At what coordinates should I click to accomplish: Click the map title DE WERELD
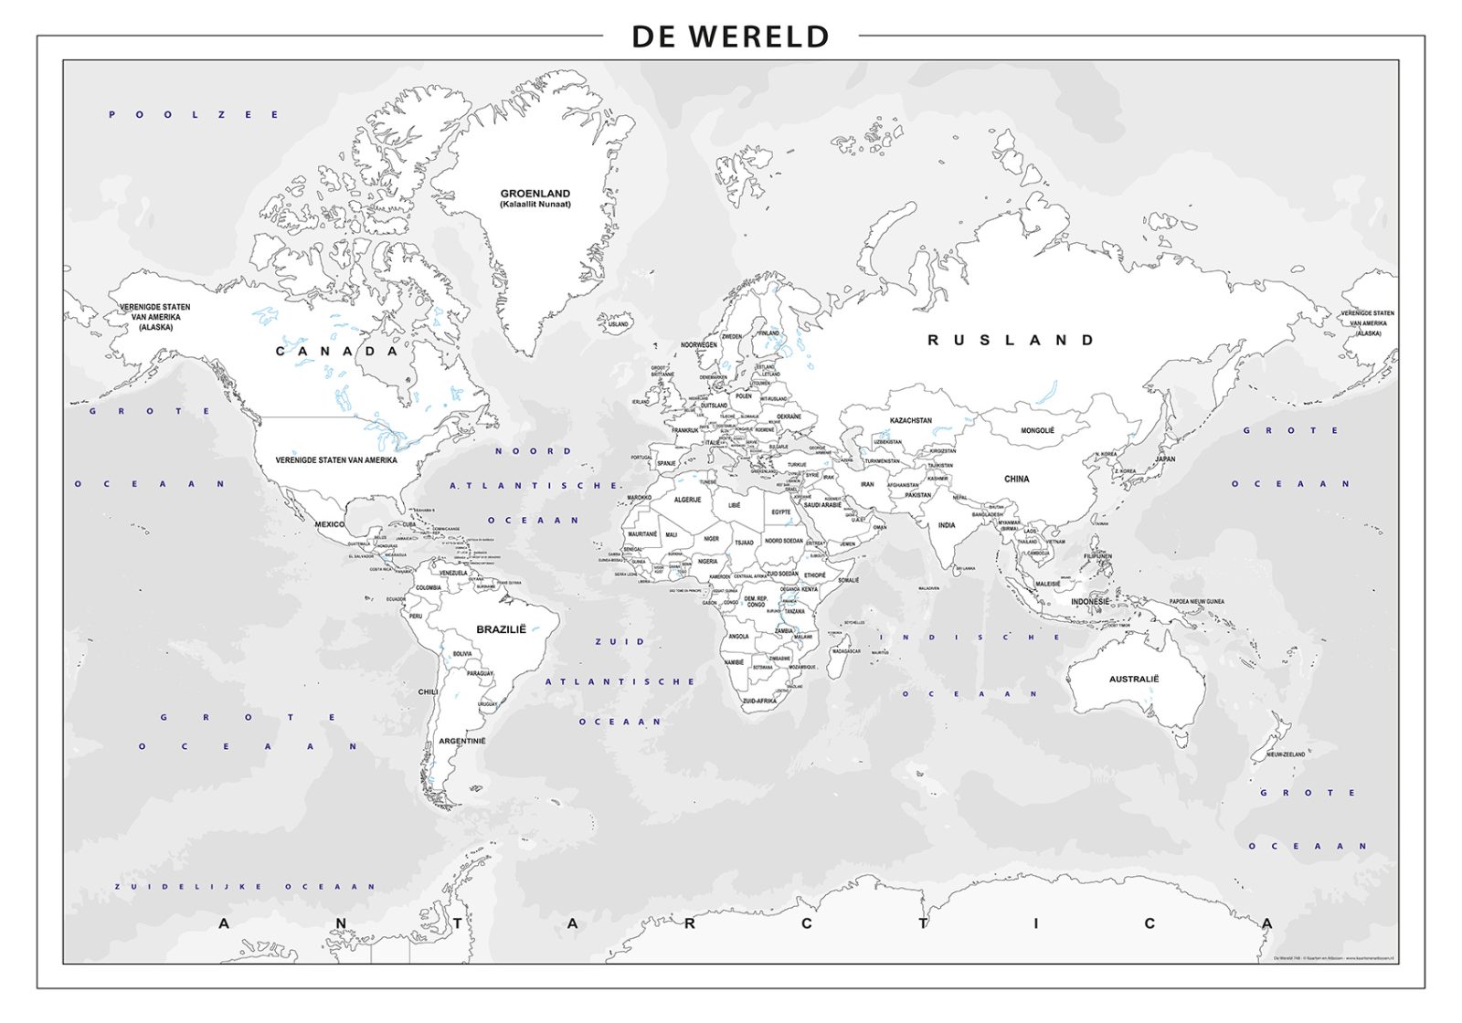(x=730, y=37)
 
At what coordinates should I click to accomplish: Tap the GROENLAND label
(x=535, y=194)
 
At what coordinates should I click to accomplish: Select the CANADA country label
(x=338, y=351)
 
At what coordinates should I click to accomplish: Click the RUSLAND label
(x=1011, y=340)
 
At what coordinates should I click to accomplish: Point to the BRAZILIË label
(x=502, y=629)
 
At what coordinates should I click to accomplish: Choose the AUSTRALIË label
(x=1133, y=679)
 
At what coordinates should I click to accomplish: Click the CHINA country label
(x=1016, y=479)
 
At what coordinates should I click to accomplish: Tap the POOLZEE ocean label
(x=194, y=114)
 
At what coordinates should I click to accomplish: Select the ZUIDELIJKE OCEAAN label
(x=245, y=886)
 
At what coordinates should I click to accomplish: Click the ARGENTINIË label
(x=462, y=741)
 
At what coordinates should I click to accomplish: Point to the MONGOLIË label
(x=1037, y=430)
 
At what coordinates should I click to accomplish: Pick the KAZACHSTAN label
(x=910, y=421)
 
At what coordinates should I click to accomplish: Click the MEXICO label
(x=330, y=524)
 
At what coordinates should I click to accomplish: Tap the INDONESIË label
(x=1089, y=602)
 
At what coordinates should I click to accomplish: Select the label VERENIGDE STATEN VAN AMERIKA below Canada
(x=336, y=460)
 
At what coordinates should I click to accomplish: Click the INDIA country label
(x=947, y=525)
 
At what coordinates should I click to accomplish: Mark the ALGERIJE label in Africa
(x=687, y=500)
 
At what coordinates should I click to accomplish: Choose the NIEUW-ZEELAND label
(x=1285, y=754)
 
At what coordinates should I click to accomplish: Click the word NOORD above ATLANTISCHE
(x=534, y=450)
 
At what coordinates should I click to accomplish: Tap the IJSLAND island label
(x=619, y=324)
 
